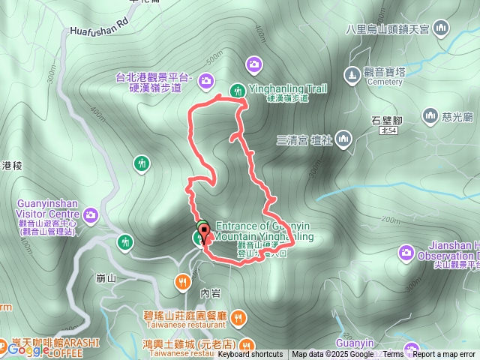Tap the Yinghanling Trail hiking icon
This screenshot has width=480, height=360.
237,90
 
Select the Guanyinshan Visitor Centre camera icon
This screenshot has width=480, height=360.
91,216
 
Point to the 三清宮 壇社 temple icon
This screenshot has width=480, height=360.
343,138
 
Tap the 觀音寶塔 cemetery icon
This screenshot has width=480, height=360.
352,75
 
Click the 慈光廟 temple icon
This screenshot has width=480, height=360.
430,115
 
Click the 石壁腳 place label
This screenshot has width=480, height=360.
387,119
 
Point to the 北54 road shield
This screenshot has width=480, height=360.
387,130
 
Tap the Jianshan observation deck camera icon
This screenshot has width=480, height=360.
406,251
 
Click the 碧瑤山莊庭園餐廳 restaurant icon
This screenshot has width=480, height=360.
238,317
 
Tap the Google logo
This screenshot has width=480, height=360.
28,349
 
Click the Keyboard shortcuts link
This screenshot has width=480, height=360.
250,355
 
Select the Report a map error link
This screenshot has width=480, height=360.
444,355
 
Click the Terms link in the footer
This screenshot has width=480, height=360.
393,355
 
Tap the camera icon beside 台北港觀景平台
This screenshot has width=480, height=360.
206,79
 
